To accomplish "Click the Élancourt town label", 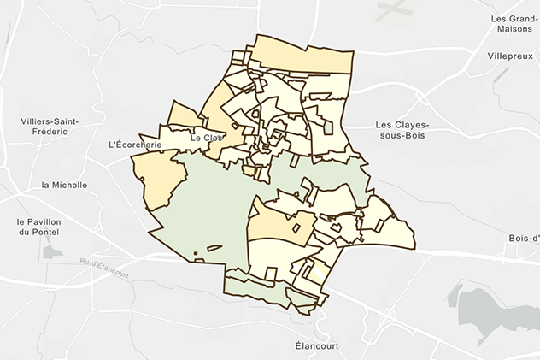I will [x=313, y=346].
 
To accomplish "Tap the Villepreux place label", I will [x=509, y=55].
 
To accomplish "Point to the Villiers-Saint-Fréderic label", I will [x=50, y=127].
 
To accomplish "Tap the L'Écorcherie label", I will [x=136, y=145].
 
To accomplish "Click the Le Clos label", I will [x=207, y=138].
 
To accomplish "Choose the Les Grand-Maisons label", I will [x=512, y=23].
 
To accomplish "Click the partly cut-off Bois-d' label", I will [x=524, y=238].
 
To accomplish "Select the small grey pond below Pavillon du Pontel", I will [x=52, y=254].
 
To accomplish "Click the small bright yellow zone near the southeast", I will [x=316, y=273].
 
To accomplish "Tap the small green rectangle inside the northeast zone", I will [x=329, y=127].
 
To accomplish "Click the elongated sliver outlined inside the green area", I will [x=214, y=248].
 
